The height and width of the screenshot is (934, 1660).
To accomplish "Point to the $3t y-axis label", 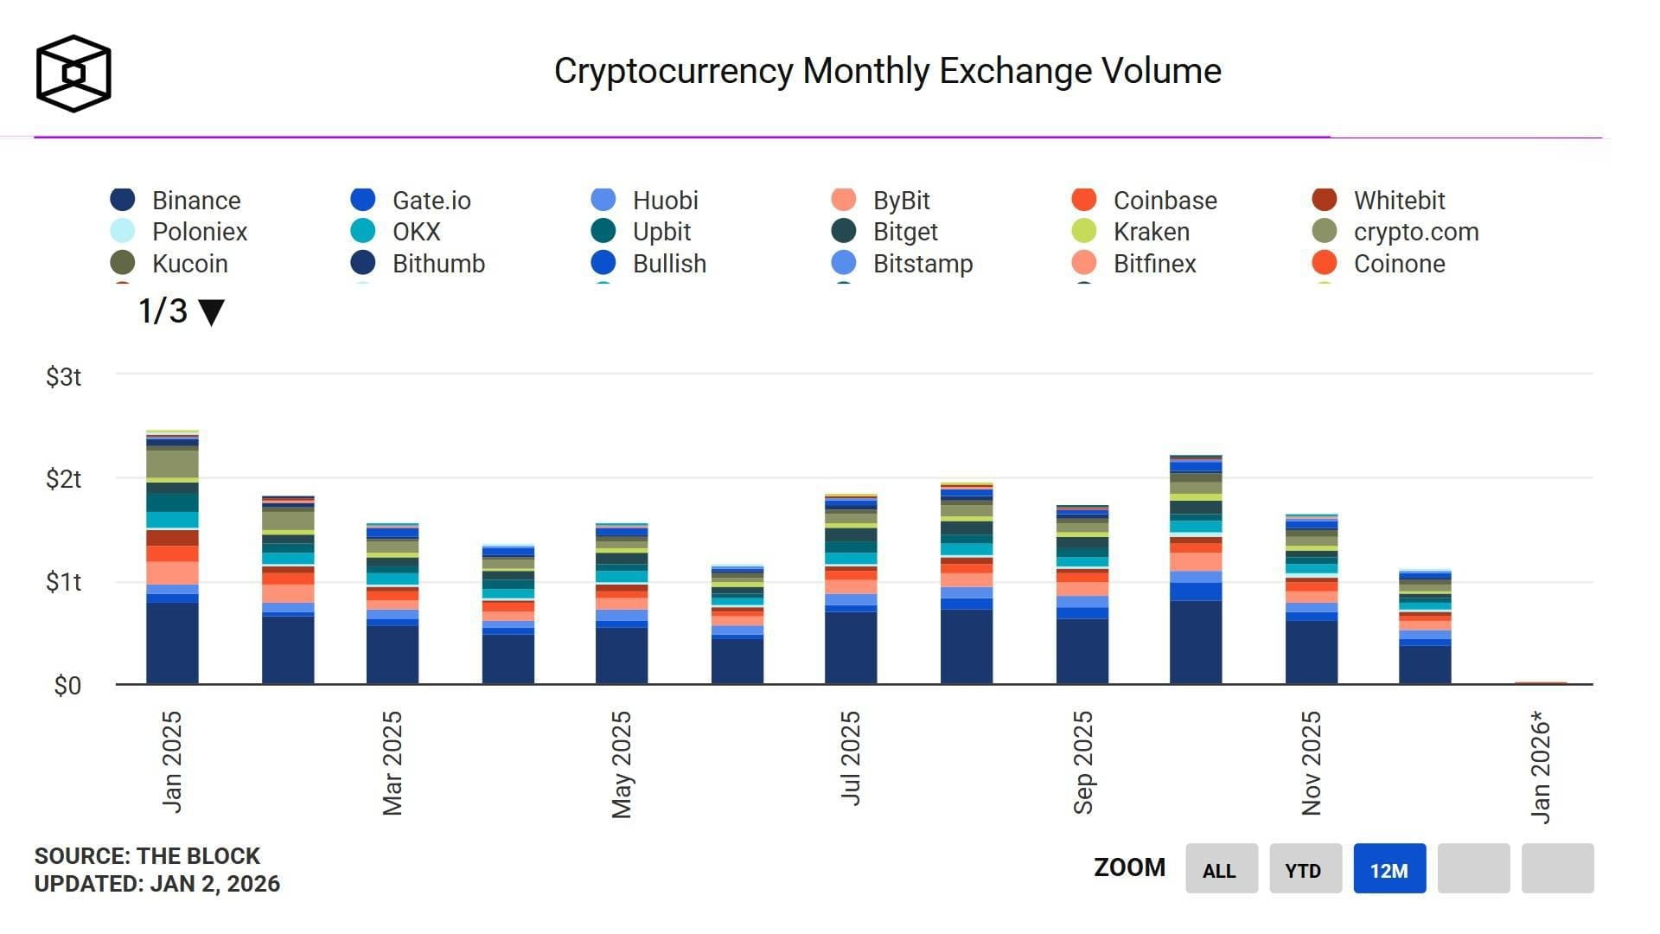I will (64, 377).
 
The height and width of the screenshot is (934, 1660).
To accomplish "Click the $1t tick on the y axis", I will (64, 582).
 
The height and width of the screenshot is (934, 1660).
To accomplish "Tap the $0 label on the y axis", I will (67, 686).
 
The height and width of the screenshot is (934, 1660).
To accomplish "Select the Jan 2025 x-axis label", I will (172, 762).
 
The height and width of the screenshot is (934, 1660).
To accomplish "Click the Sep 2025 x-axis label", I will (1083, 762).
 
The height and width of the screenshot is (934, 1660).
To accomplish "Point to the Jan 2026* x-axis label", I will (1541, 766).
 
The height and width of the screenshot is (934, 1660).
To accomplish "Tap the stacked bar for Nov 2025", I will (1311, 601).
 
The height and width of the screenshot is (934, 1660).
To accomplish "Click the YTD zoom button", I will (1305, 869).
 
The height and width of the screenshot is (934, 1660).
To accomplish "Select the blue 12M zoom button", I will (1389, 869).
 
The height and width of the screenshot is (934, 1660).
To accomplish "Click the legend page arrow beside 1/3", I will (211, 312).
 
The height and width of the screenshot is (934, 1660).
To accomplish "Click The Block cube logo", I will (73, 74).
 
